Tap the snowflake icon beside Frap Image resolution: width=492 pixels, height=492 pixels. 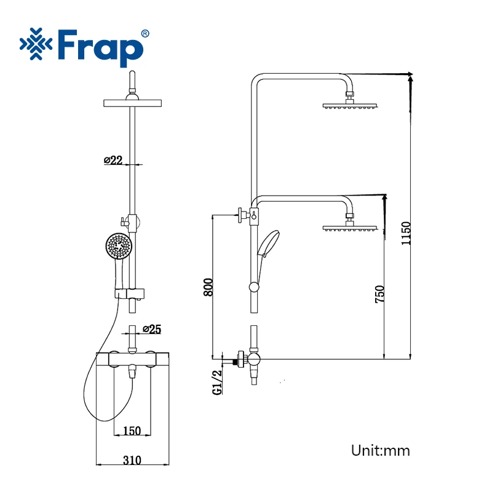click(36, 44)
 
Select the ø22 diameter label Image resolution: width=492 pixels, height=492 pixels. click(113, 160)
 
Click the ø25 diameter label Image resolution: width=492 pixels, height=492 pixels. click(152, 329)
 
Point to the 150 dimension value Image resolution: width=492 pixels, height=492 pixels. click(132, 431)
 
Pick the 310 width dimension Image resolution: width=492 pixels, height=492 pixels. click(132, 460)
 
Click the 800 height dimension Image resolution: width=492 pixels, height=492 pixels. click(208, 287)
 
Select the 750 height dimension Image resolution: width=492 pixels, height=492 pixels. click(379, 294)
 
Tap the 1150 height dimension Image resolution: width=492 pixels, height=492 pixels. click(406, 234)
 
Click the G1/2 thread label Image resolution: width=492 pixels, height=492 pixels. click(217, 382)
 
